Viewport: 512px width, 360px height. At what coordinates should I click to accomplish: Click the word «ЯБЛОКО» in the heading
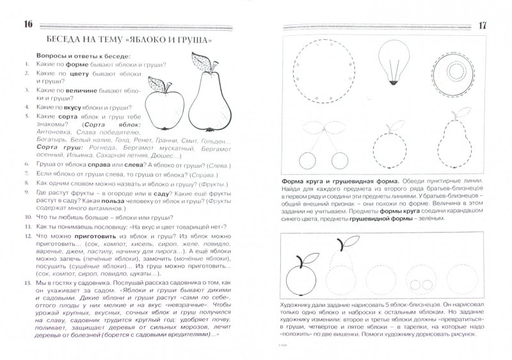point(143,42)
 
